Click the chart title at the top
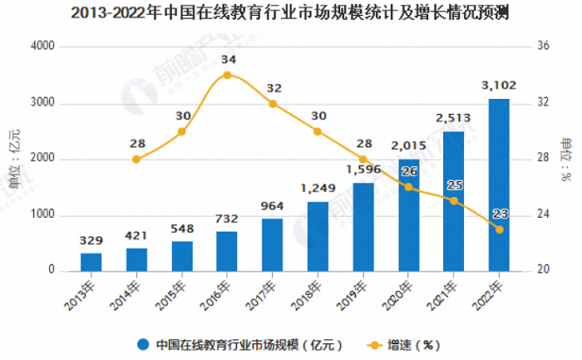290,13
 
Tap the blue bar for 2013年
91,262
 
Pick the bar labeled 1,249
317,236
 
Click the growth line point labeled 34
227,75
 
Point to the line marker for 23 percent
499,229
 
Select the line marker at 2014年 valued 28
136,159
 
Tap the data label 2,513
453,117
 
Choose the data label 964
272,205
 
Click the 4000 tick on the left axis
43,47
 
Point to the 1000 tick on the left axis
43,215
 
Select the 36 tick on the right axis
544,47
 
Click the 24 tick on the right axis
544,215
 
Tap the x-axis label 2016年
219,296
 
